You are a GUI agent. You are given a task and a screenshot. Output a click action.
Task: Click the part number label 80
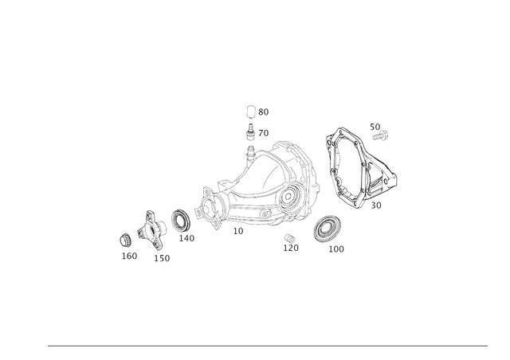[x=264, y=112]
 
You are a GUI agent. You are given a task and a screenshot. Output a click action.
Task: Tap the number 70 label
[x=264, y=133]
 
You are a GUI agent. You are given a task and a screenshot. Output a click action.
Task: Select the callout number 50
[x=375, y=127]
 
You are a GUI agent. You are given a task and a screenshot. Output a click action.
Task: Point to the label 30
[x=376, y=205]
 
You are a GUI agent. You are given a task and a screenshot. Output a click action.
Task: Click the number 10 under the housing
[x=238, y=231]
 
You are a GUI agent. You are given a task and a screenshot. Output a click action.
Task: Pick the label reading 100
[x=336, y=249]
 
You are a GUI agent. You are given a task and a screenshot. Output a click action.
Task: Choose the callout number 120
[x=291, y=248]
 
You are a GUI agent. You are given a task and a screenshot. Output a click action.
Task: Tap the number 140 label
[x=186, y=238]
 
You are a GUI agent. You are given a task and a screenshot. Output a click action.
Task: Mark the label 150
[x=162, y=258]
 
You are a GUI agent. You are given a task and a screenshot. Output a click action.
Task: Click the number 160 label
[x=129, y=256]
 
